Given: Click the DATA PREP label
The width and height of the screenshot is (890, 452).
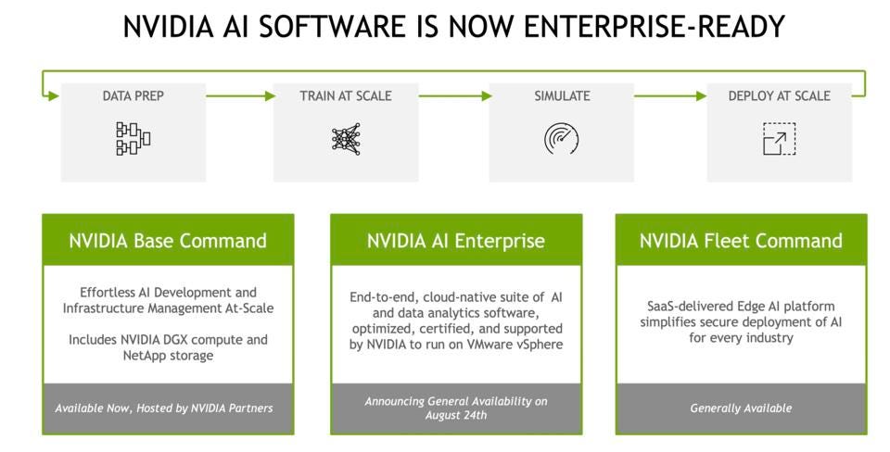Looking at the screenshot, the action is pos(133,95).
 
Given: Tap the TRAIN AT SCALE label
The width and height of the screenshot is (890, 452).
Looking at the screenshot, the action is pos(346,95).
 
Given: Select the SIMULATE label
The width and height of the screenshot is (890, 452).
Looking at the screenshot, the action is pos(562,95).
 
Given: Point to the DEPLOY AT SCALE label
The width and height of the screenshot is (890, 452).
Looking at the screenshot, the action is pos(780,95).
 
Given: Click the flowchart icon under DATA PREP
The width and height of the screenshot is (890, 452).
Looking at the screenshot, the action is pos(133,138).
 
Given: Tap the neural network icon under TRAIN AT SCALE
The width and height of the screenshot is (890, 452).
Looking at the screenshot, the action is pos(346,139).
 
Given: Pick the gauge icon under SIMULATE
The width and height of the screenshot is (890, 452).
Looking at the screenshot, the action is pos(562,139).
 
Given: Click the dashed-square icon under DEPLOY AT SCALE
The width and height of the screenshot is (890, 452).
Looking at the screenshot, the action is pos(780,139).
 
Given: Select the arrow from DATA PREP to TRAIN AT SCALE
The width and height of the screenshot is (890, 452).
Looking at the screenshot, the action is pos(240,96).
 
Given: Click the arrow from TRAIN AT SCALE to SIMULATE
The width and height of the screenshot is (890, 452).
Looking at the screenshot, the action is pos(454,96).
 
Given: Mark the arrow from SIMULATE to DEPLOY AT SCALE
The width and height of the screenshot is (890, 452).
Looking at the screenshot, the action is pos(669,96).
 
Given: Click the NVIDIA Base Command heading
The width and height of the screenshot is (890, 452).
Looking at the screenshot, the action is pos(168,241).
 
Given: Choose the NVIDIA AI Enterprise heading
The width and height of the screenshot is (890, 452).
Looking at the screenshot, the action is pos(456,241).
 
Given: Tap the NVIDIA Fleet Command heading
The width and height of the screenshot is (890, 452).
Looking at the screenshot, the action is pos(741,241).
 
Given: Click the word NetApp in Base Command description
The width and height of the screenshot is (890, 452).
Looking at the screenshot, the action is pos(143,357).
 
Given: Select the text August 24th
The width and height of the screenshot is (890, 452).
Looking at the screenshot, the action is pos(456,415).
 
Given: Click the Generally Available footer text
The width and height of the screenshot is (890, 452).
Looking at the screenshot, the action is pos(741,408).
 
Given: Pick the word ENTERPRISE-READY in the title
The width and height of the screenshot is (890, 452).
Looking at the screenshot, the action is pos(654,26).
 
